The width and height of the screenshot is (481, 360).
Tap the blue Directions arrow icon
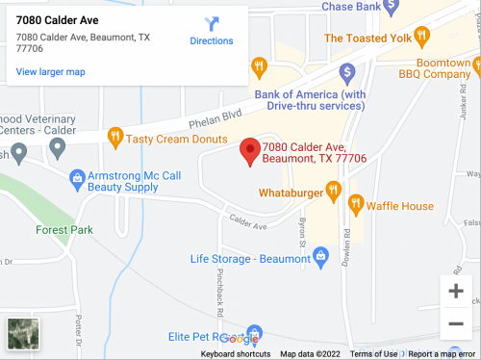coord(212,23)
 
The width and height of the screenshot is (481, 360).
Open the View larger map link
coord(50,71)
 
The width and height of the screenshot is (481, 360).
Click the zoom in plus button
coord(455,290)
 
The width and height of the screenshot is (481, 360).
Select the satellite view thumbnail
coord(22,333)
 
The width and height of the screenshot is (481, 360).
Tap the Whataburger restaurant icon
coord(333,193)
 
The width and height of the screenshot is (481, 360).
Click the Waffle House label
coord(403,206)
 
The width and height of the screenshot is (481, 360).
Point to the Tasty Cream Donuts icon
coord(115,138)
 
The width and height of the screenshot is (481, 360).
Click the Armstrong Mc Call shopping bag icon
coord(77,177)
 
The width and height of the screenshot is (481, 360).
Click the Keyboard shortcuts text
coord(235,354)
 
